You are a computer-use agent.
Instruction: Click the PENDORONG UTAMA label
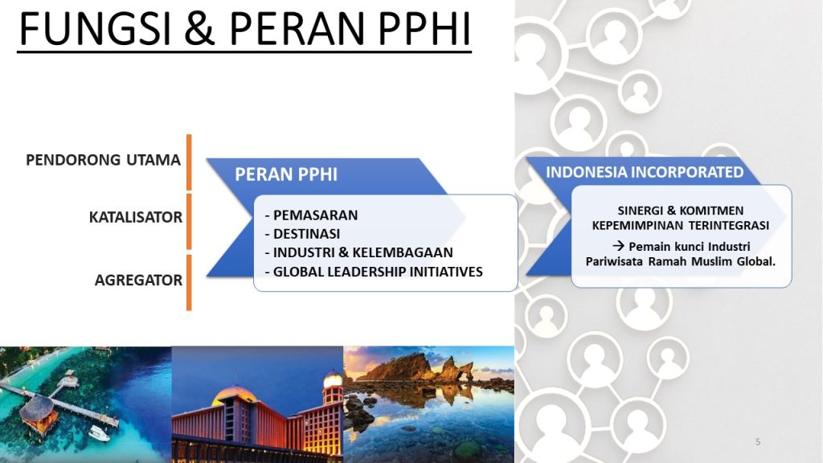tap(103, 159)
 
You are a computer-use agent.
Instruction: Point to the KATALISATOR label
tap(136, 217)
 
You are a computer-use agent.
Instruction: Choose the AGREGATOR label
tap(138, 281)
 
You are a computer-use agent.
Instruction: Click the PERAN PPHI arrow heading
tap(286, 174)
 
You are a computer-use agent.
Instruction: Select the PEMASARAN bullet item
tap(311, 215)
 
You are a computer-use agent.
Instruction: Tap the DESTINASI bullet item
tap(306, 234)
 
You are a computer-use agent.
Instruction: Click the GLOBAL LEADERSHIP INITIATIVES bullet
tap(374, 272)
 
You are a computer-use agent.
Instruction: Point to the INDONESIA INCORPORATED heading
tap(645, 172)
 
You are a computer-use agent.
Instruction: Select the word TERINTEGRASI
tap(727, 225)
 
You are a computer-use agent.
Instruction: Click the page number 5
tap(758, 442)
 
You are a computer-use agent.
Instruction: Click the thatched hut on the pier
tap(35, 411)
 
